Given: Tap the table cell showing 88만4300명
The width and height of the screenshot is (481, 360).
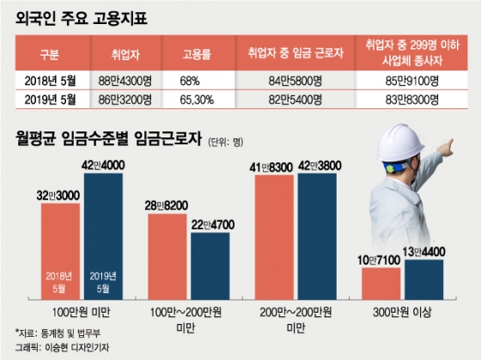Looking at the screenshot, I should [129, 82].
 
